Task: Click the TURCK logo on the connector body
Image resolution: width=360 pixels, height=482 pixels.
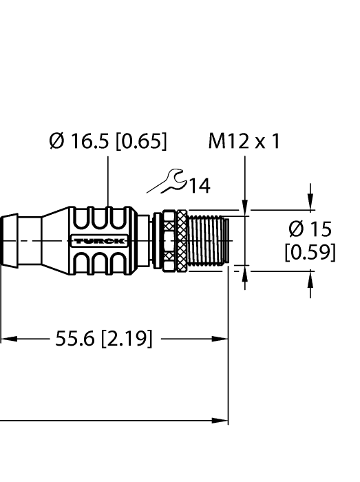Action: (x=98, y=240)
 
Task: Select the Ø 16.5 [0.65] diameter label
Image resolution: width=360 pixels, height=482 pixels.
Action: (x=108, y=142)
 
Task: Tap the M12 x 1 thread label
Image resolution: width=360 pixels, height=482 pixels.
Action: (x=244, y=142)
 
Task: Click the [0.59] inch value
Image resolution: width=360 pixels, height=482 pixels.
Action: (x=310, y=252)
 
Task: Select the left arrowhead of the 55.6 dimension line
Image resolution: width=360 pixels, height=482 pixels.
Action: (x=6, y=339)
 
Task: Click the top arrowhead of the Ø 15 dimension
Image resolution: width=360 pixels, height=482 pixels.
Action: (x=310, y=204)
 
